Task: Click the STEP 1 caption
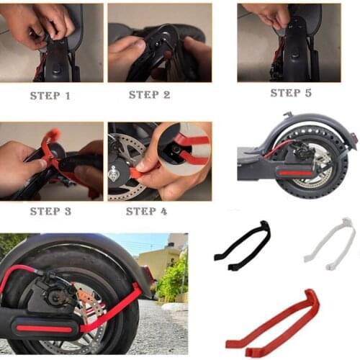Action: click(x=50, y=95)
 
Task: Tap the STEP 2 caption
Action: click(x=149, y=94)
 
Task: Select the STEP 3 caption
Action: click(x=50, y=211)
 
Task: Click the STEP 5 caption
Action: click(x=291, y=93)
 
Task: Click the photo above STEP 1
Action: click(x=52, y=42)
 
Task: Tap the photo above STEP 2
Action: click(x=159, y=42)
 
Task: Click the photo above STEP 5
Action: click(x=289, y=42)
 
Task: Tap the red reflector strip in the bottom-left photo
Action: click(x=45, y=328)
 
